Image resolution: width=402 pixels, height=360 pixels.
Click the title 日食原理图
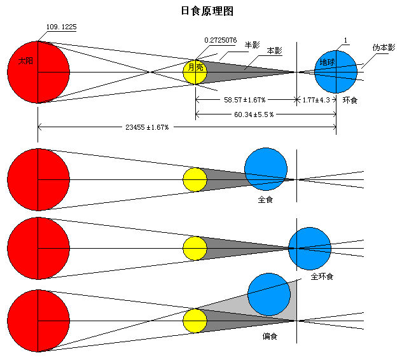201,11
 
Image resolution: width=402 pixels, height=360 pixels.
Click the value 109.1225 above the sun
62,27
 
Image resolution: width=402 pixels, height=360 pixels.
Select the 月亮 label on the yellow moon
195,67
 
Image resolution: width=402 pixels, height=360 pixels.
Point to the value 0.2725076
220,40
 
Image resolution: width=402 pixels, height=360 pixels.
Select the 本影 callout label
275,50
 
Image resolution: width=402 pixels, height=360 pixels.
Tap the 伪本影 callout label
384,48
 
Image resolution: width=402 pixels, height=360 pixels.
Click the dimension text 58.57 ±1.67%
244,100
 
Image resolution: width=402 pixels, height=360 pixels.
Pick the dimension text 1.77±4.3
316,100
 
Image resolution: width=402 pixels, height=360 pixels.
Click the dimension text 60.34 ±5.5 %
253,114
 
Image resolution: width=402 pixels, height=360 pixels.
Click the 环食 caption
350,100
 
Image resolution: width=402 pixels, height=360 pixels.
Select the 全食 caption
265,199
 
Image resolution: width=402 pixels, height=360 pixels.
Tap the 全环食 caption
322,277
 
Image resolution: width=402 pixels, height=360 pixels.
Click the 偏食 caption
270,335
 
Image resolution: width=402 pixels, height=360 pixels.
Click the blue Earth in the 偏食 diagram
268,294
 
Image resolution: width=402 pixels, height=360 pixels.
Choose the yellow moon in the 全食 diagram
195,179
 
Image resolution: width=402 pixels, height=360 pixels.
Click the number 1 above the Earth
345,41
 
